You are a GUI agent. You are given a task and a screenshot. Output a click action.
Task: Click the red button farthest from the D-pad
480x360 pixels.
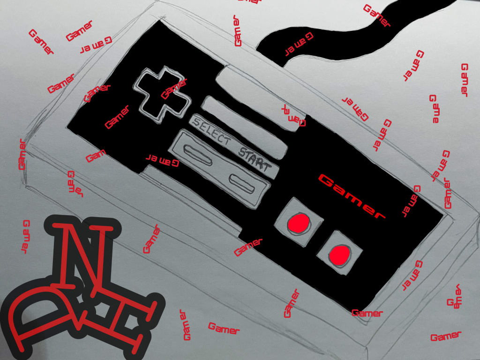point(339,254)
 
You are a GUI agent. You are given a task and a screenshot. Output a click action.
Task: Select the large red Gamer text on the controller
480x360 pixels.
point(352,196)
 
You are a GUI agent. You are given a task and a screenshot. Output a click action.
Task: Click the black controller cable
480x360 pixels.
point(375,33)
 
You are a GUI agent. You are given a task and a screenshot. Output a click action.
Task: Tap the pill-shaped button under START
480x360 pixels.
point(242,183)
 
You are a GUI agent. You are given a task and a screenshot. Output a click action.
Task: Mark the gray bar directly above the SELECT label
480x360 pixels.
point(244,115)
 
